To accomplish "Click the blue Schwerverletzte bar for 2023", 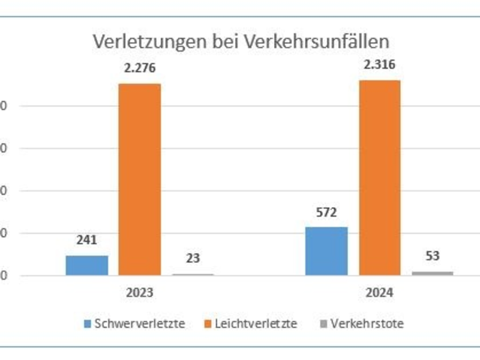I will pyautogui.click(x=87, y=265).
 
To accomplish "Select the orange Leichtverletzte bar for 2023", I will pyautogui.click(x=139, y=179).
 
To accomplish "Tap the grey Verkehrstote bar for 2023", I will pyautogui.click(x=193, y=274).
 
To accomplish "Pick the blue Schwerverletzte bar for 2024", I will pyautogui.click(x=326, y=251).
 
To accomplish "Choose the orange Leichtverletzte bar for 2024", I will pyautogui.click(x=379, y=178).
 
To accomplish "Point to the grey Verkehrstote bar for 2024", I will pyautogui.click(x=433, y=273).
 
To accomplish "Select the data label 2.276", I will pyautogui.click(x=139, y=68).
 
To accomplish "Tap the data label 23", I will pyautogui.click(x=193, y=259).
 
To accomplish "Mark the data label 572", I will pyautogui.click(x=326, y=212).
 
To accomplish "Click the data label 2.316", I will pyautogui.click(x=379, y=64).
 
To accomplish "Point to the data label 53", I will pyautogui.click(x=432, y=256).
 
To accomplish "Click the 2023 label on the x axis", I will pyautogui.click(x=139, y=293).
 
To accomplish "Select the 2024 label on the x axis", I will pyautogui.click(x=379, y=293).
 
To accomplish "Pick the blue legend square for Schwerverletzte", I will pyautogui.click(x=88, y=324).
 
